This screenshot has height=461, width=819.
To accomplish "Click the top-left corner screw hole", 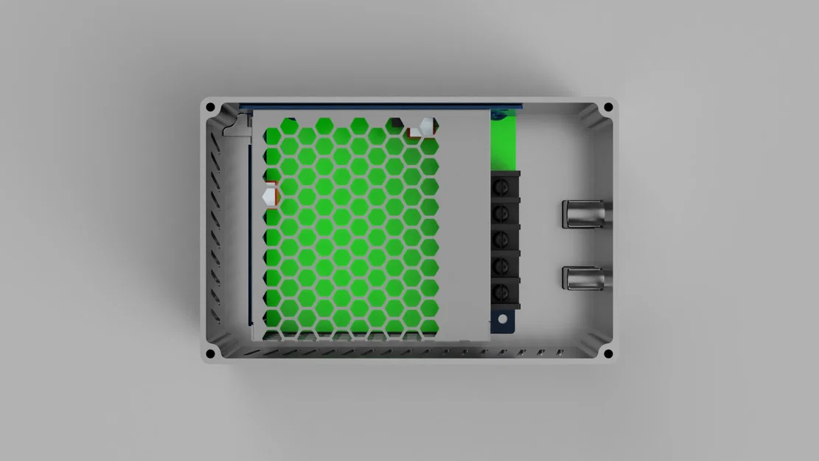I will tap(210, 108).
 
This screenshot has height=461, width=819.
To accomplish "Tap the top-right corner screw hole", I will tap(608, 108).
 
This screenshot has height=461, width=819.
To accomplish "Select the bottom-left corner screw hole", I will tap(210, 353).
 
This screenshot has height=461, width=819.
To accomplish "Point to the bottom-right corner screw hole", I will tap(608, 353).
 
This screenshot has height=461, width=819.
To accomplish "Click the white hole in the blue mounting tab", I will tap(503, 319).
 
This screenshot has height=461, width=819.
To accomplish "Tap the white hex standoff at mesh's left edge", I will tap(270, 196).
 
